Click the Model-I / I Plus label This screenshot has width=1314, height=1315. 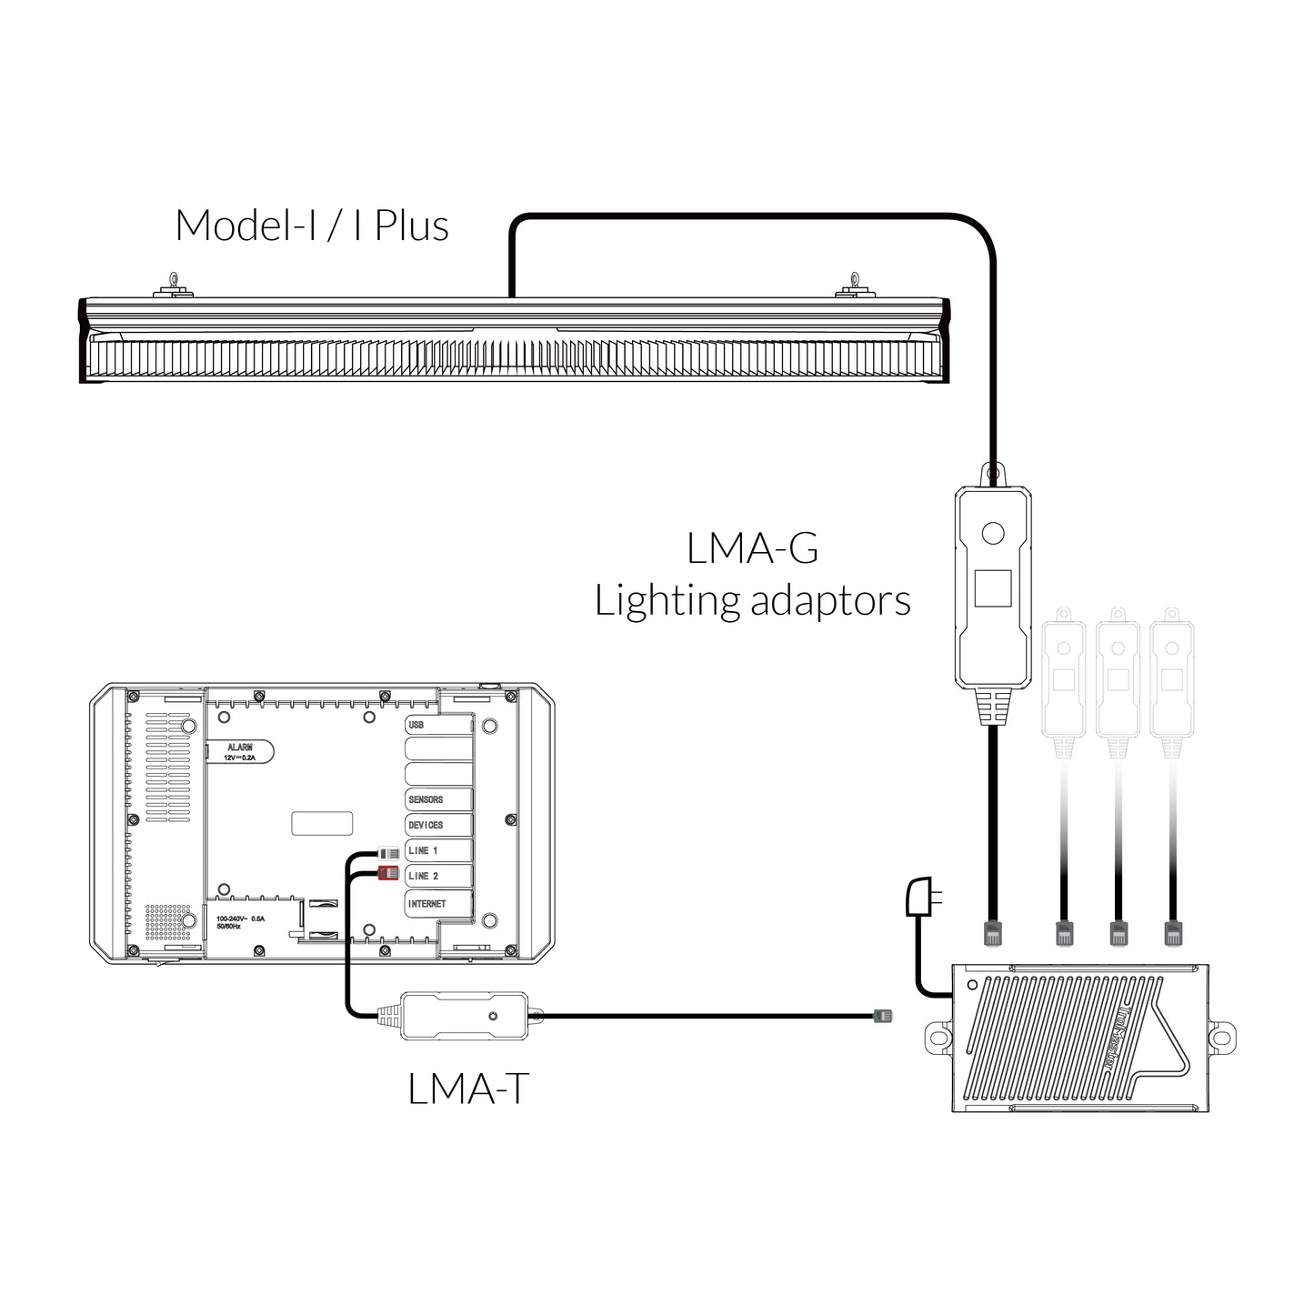pyautogui.click(x=312, y=226)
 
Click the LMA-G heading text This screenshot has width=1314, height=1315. pyautogui.click(x=752, y=549)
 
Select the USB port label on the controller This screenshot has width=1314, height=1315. pyautogui.click(x=416, y=725)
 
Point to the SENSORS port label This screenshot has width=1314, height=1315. pyautogui.click(x=426, y=799)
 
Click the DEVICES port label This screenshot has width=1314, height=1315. pyautogui.click(x=426, y=825)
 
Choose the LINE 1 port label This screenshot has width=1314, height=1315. pyautogui.click(x=423, y=850)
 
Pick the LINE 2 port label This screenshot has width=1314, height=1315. pyautogui.click(x=423, y=876)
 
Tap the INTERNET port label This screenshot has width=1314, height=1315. pyautogui.click(x=427, y=904)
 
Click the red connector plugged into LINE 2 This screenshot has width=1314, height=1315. pyautogui.click(x=388, y=874)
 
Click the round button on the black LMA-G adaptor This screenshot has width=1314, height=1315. pyautogui.click(x=992, y=533)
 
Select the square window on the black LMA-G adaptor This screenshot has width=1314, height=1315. pyautogui.click(x=992, y=588)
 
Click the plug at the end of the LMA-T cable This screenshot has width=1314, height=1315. pyautogui.click(x=882, y=1015)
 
